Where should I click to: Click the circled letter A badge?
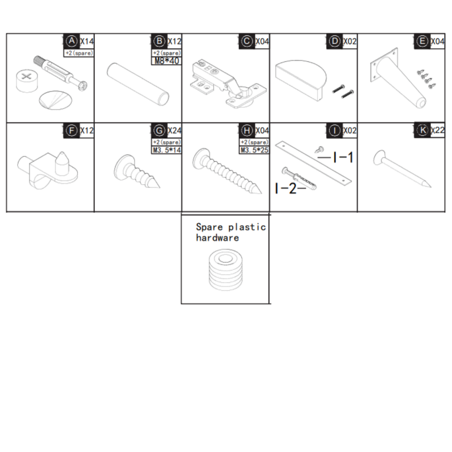click(x=72, y=41)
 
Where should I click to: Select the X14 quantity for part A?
click(x=87, y=41)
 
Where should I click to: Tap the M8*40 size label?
click(x=167, y=61)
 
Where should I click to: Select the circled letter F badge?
click(x=71, y=131)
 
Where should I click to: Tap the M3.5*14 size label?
click(x=167, y=151)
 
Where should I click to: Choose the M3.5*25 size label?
click(x=254, y=151)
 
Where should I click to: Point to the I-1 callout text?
click(x=336, y=157)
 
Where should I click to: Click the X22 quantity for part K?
click(x=437, y=131)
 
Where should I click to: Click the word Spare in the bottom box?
click(x=210, y=227)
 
